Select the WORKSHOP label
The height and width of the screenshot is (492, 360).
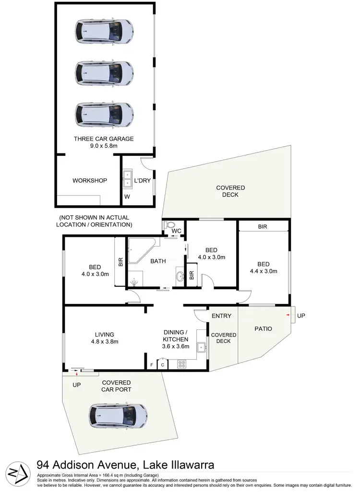point(89,180)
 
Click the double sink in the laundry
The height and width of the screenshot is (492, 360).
point(128,178)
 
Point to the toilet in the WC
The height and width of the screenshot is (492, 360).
point(169,224)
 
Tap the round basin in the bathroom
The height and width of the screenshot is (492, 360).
point(180,276)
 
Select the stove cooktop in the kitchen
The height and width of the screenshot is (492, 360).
point(181,364)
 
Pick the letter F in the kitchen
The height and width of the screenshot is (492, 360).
point(152,365)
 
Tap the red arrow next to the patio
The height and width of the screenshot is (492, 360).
point(288,315)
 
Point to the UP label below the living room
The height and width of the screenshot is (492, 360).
point(76,385)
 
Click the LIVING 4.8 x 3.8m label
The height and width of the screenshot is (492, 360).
point(104,338)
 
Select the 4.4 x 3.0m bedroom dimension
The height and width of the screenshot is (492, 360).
point(263,271)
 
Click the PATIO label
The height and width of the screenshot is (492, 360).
point(263,328)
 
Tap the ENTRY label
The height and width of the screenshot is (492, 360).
point(222,316)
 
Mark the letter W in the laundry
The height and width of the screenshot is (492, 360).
point(127,197)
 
